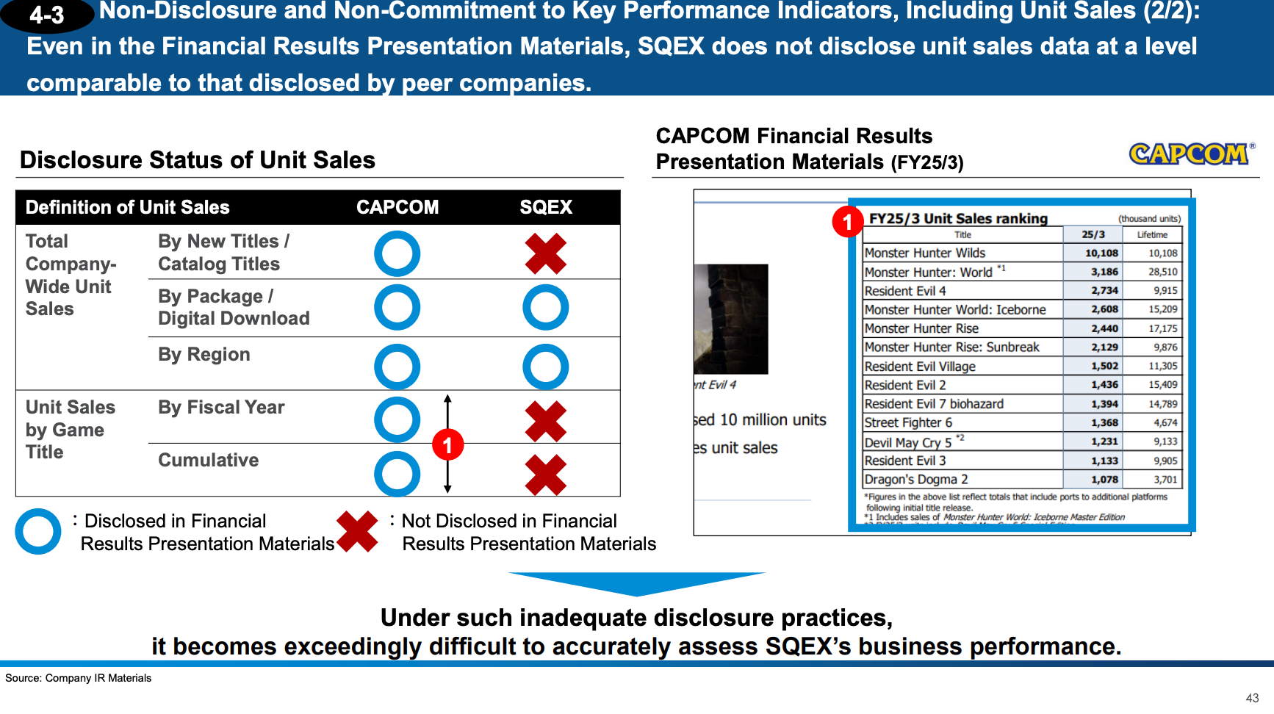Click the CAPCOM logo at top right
(x=1190, y=154)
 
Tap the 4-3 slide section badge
(x=47, y=15)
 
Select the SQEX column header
(x=545, y=207)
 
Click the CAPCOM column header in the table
(x=397, y=207)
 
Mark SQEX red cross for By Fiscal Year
(x=545, y=421)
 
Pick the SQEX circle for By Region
(x=545, y=367)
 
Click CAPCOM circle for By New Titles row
(x=397, y=253)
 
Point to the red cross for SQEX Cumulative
(x=545, y=475)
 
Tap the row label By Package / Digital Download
(x=234, y=307)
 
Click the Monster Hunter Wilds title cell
(x=925, y=253)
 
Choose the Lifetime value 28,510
(x=1163, y=272)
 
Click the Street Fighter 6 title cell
(x=908, y=422)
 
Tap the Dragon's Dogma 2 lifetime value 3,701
(x=1165, y=480)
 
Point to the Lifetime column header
(x=1152, y=234)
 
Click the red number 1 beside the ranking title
(x=847, y=221)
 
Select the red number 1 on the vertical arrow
(x=447, y=445)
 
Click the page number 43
(x=1252, y=698)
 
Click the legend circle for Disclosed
(x=37, y=531)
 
